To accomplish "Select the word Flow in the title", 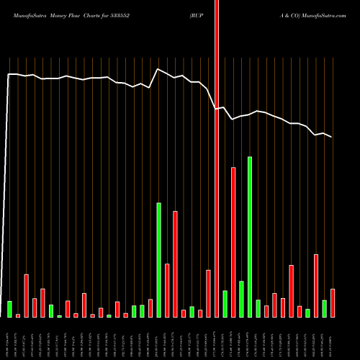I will [x=80, y=14].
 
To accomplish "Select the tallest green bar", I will [x=250, y=237].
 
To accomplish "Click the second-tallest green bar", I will [x=158, y=260].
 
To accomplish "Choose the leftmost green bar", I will [x=9, y=309].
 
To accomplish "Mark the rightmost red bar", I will [x=333, y=302].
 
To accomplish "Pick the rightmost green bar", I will [x=324, y=308].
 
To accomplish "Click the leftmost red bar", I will [x=18, y=315].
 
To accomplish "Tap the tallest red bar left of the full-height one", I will [x=175, y=264].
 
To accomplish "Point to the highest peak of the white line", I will [x=158, y=68].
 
